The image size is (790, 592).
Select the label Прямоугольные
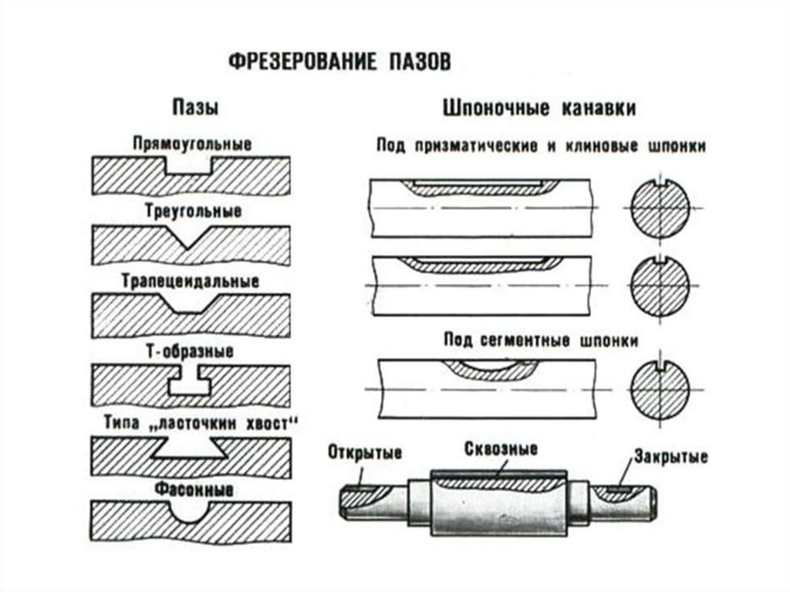192,144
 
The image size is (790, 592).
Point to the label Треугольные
193,211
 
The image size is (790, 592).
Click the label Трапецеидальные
192,280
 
